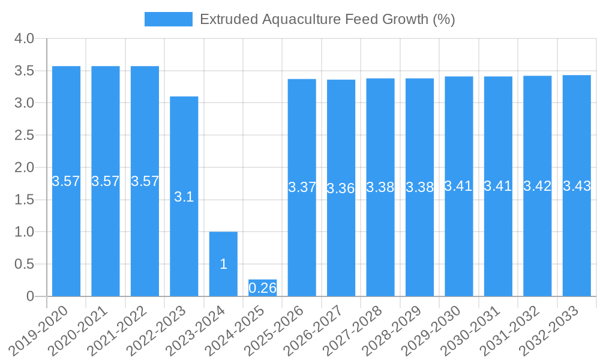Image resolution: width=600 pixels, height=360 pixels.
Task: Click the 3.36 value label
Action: [341, 188]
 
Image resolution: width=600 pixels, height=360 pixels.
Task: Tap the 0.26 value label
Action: [263, 288]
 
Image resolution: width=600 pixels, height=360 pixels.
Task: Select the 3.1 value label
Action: [184, 197]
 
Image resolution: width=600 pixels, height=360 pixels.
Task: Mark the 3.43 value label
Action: [577, 186]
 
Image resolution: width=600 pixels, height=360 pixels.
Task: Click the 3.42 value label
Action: [538, 186]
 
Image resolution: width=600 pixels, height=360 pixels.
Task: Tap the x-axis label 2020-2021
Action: [82, 330]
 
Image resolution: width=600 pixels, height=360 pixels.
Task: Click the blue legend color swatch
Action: [169, 19]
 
